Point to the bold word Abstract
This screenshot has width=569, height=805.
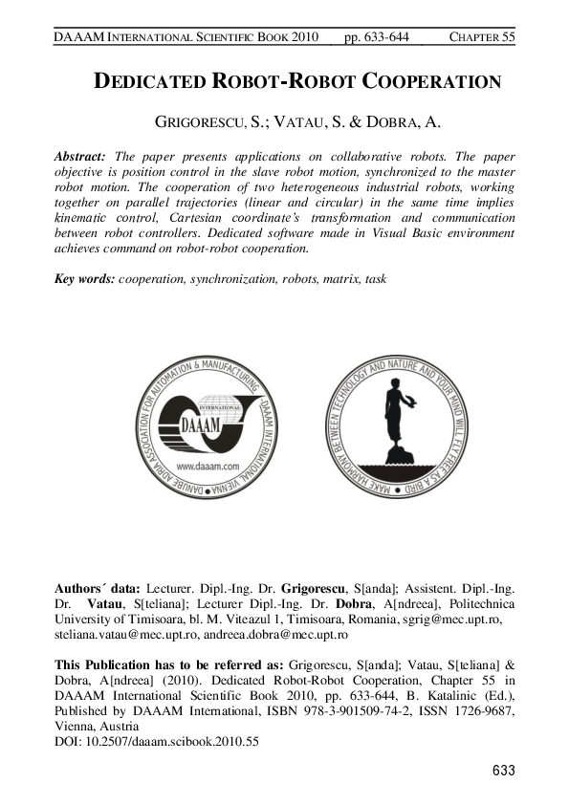click(80, 155)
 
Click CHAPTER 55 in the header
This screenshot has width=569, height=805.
click(482, 36)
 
